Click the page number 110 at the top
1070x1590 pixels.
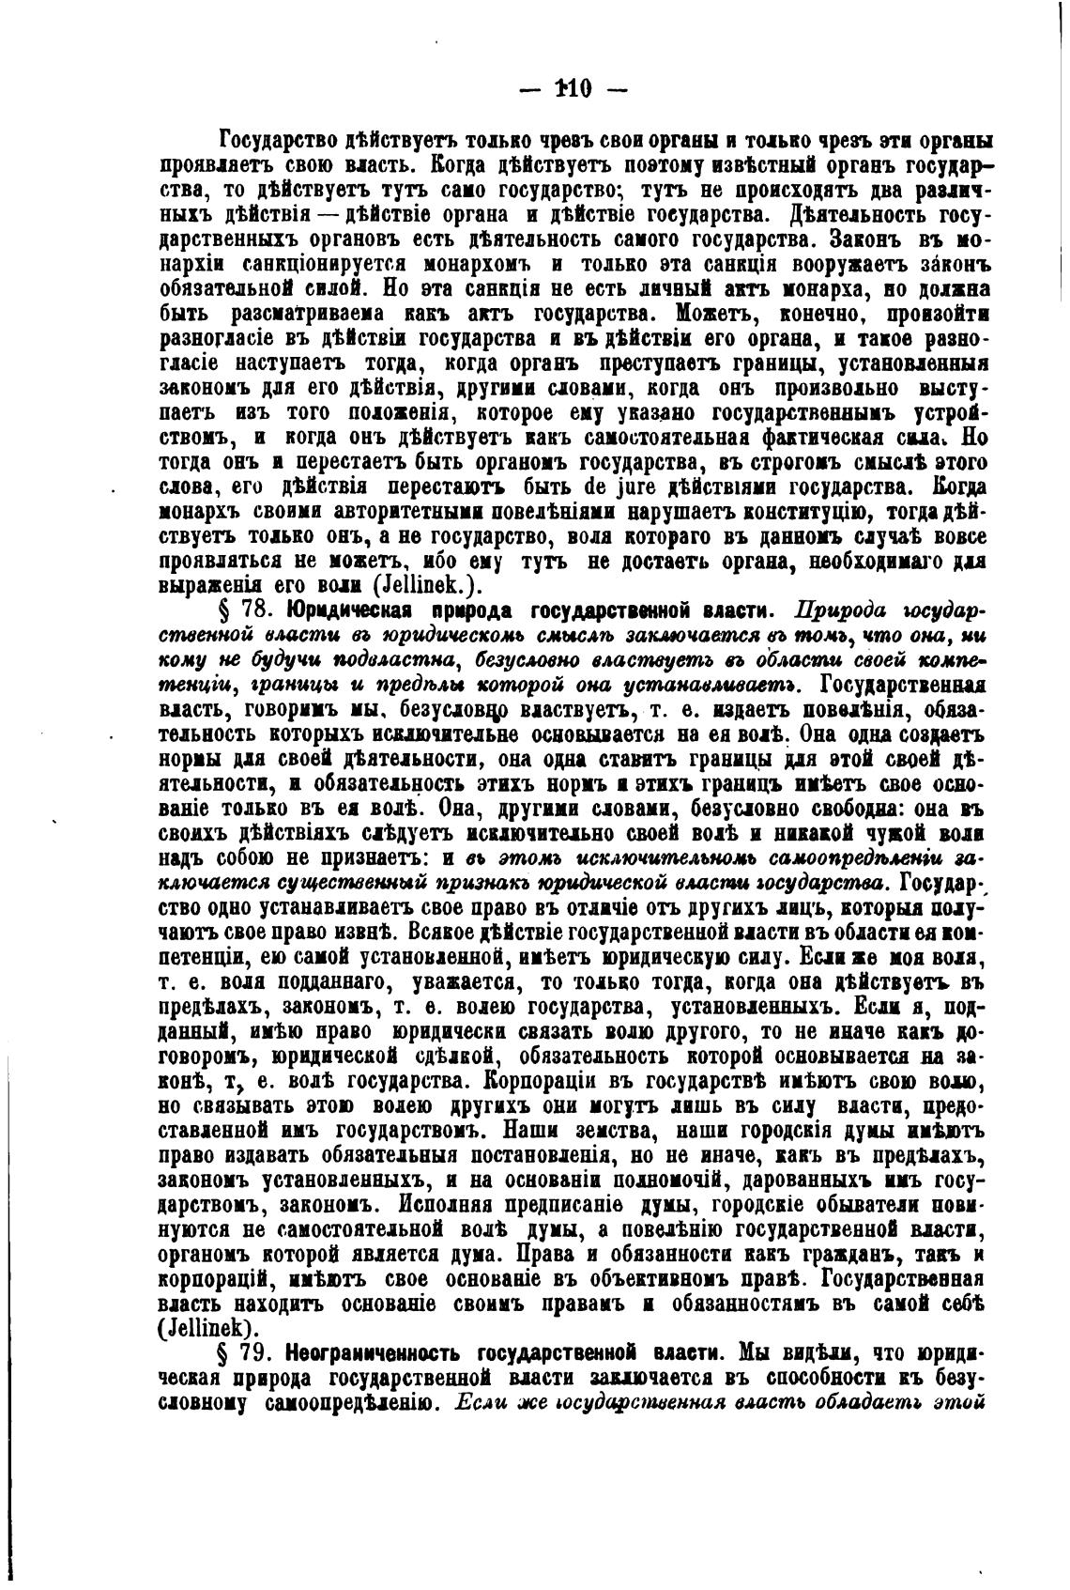tap(572, 89)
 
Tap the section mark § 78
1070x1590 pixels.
tap(244, 610)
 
